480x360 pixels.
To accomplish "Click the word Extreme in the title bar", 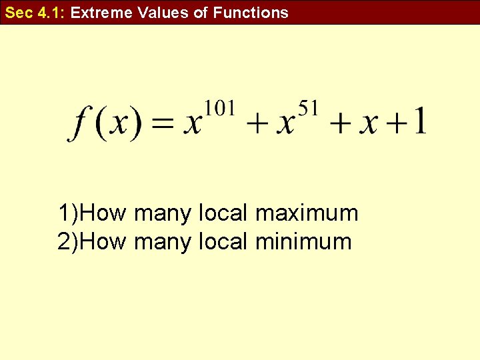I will pyautogui.click(x=100, y=13).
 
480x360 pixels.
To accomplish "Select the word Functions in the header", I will pyautogui.click(x=251, y=13).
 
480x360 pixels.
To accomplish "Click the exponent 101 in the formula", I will pyautogui.click(x=219, y=107).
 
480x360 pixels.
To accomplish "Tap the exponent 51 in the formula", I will pyautogui.click(x=308, y=107).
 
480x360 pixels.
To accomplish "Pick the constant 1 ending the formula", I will pyautogui.click(x=420, y=123).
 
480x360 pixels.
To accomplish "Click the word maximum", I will pyautogui.click(x=307, y=214).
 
